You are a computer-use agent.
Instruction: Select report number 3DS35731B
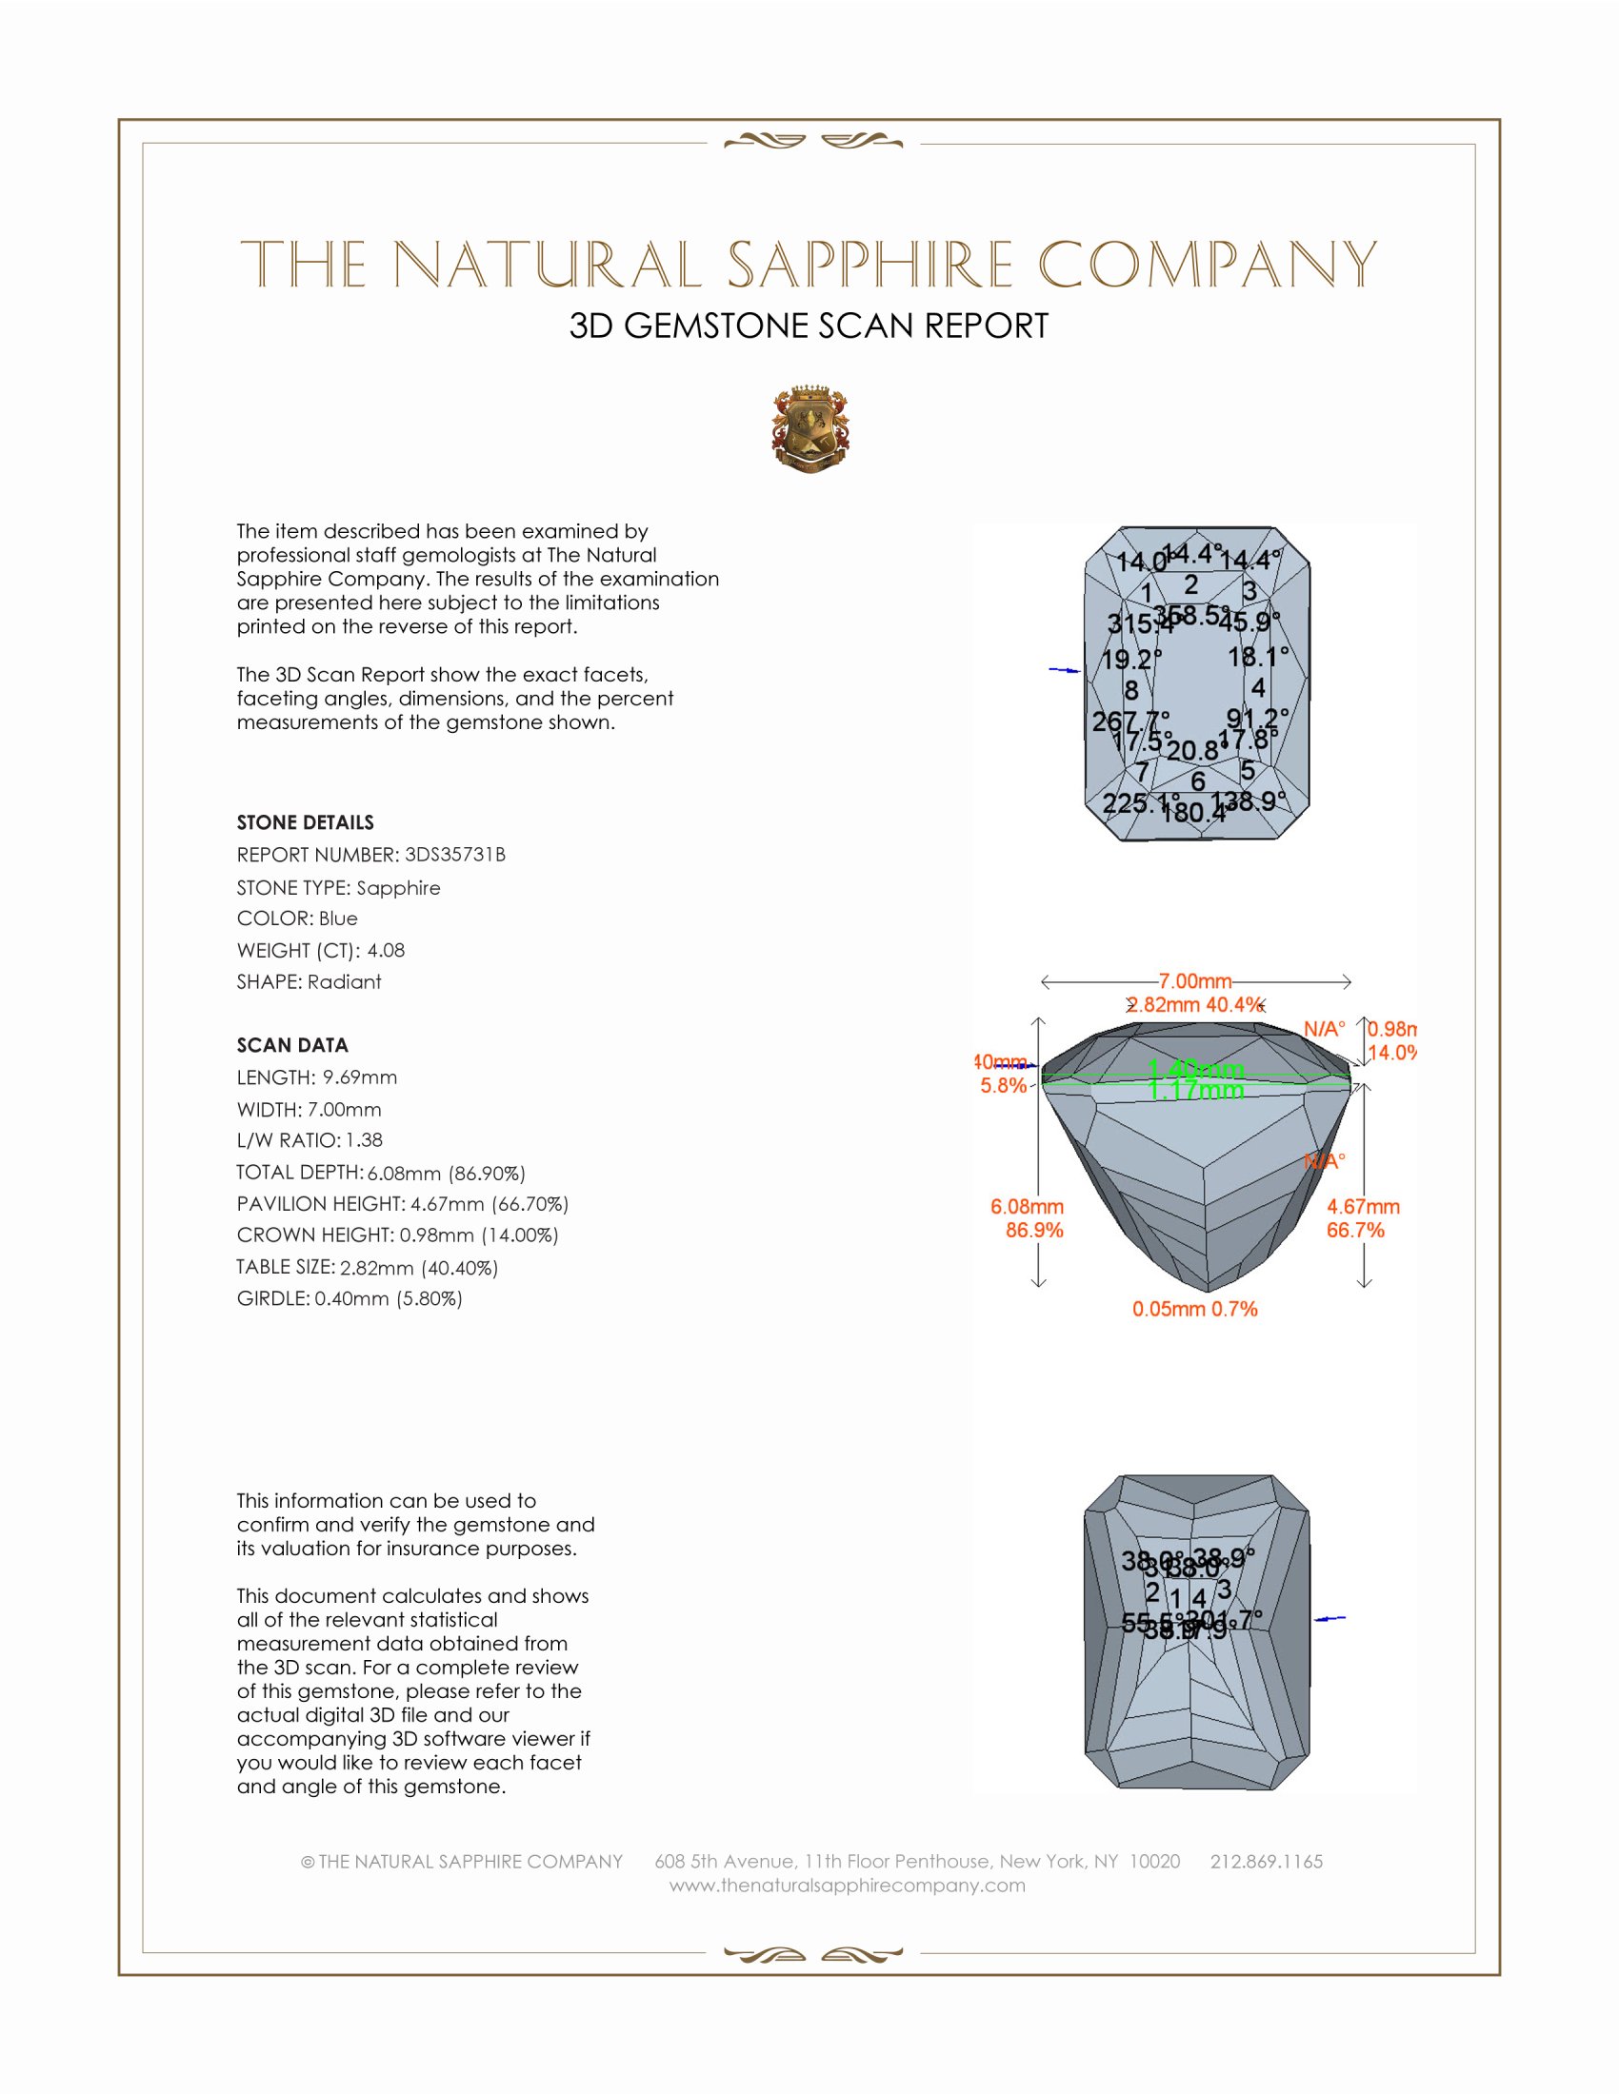point(454,855)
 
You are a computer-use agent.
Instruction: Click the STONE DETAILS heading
point(305,822)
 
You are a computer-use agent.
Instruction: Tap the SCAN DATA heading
point(292,1045)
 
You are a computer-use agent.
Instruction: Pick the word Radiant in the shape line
point(345,982)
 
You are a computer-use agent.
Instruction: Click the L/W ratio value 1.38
point(364,1140)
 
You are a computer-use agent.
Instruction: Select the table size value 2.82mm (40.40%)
point(419,1268)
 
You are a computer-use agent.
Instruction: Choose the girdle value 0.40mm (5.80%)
point(389,1299)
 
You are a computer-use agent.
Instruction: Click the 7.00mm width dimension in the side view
point(1195,980)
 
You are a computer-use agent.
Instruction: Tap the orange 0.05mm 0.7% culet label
point(1194,1309)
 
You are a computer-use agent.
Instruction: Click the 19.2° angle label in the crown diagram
point(1130,660)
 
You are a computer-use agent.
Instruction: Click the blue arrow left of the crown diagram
point(1065,670)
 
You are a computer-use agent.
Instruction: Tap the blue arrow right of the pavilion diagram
point(1329,1618)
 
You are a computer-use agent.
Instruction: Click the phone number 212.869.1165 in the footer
point(1266,1862)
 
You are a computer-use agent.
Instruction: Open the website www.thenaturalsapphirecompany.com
point(847,1886)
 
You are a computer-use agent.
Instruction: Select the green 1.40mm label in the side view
point(1196,1069)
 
